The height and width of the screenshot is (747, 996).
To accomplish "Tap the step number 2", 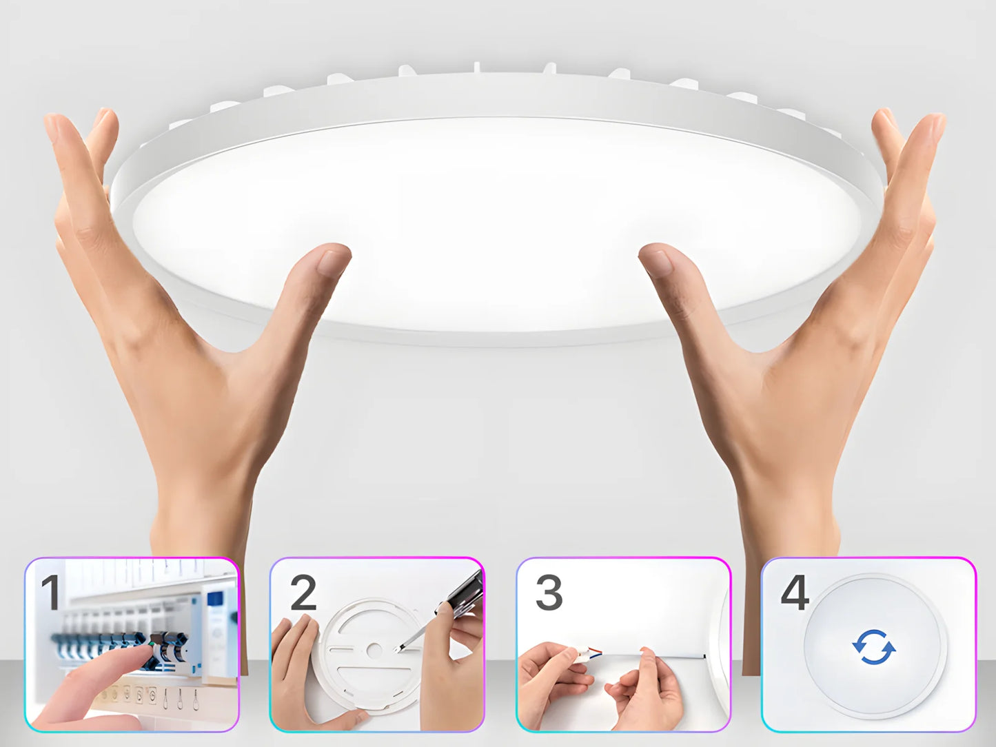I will (x=303, y=593).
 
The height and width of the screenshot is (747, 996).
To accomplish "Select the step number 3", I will (x=549, y=593).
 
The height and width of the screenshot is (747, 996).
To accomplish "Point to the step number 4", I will (x=795, y=593).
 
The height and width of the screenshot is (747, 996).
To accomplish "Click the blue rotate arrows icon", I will (x=874, y=647).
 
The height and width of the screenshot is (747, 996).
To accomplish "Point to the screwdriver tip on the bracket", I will (x=400, y=648).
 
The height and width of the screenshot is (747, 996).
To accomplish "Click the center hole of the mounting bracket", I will (x=374, y=650).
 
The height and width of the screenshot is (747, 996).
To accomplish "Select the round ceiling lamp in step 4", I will (x=874, y=648).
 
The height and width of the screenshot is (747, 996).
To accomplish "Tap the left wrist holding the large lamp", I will (x=200, y=510).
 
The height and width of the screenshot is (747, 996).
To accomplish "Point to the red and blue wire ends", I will (x=595, y=651).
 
